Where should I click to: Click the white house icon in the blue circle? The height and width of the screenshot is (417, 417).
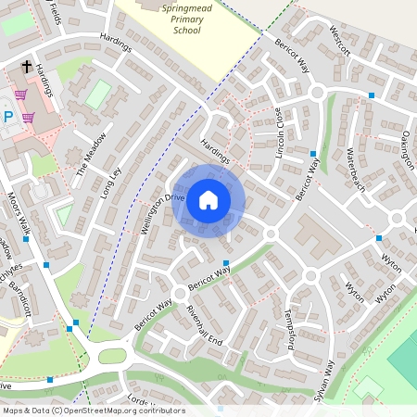pyautogui.click(x=208, y=200)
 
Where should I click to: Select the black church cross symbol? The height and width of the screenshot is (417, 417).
pyautogui.click(x=28, y=68)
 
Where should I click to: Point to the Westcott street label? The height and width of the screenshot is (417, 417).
pyautogui.click(x=341, y=41)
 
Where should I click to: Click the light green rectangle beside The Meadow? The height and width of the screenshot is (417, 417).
pyautogui.click(x=97, y=95)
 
